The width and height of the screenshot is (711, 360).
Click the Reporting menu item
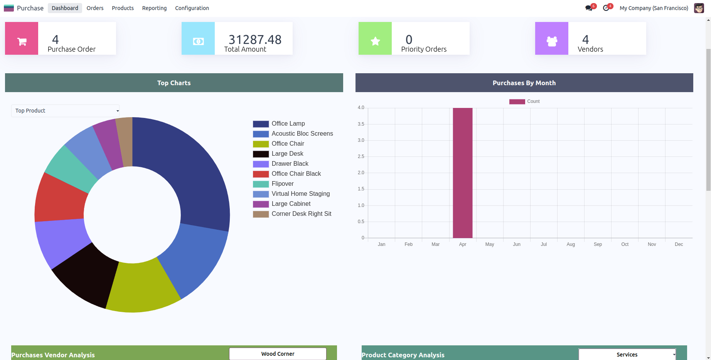[154, 8]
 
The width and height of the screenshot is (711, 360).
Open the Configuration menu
[192, 8]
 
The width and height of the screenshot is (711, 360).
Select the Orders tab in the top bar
[95, 8]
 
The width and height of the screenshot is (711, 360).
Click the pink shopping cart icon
[22, 39]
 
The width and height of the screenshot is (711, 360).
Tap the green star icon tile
[375, 39]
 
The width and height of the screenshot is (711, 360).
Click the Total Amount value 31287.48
[255, 39]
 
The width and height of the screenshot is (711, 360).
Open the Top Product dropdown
[65, 111]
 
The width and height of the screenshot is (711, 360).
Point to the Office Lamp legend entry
[288, 124]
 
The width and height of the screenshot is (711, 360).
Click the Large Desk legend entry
[287, 154]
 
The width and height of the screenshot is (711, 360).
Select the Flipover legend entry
[282, 184]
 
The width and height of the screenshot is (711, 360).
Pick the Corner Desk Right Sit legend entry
[301, 214]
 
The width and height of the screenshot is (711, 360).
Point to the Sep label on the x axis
[598, 244]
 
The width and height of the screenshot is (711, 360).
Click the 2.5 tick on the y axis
[361, 156]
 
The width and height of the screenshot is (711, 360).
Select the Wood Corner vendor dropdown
[278, 354]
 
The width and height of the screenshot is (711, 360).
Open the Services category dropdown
[627, 355]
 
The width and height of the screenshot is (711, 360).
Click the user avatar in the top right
[699, 8]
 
